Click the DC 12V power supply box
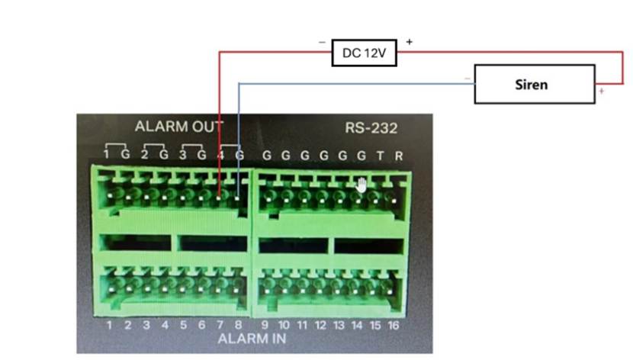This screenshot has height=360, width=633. (x=364, y=54)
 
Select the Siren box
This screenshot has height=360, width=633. (x=534, y=84)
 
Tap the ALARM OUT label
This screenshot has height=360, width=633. (x=179, y=127)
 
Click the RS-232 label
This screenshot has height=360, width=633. (x=371, y=128)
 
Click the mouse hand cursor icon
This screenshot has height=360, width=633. (x=361, y=183)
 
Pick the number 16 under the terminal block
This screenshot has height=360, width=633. (x=394, y=326)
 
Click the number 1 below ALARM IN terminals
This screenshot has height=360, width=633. (x=109, y=326)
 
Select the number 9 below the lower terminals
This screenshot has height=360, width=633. (x=265, y=326)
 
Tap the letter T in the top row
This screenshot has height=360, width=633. (x=380, y=156)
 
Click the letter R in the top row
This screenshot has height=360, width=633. (x=398, y=156)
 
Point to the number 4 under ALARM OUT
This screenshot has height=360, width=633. (x=220, y=156)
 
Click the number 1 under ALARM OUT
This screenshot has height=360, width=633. (x=108, y=156)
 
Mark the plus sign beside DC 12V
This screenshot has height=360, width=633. (x=410, y=42)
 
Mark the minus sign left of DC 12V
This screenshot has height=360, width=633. (x=322, y=42)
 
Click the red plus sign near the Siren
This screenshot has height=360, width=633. (x=602, y=92)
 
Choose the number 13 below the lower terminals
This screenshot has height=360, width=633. (x=338, y=326)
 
